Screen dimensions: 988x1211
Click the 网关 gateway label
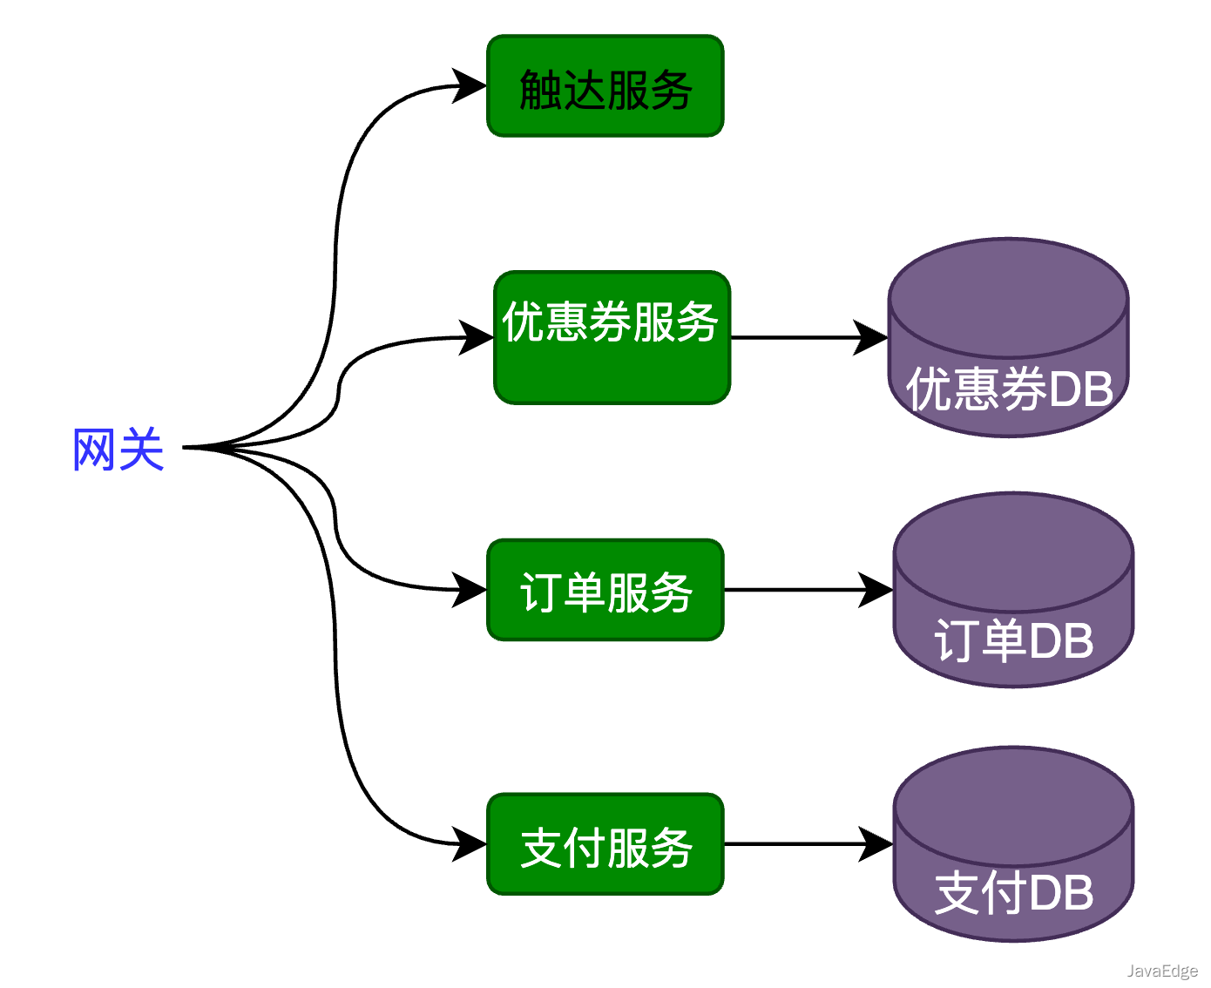point(118,450)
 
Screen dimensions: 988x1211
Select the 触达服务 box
point(605,86)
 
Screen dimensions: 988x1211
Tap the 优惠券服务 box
point(612,337)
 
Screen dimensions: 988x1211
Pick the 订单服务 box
point(605,590)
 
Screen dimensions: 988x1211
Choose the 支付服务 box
point(605,844)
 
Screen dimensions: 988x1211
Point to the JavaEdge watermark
point(1161,971)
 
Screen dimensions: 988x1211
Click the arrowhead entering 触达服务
point(470,86)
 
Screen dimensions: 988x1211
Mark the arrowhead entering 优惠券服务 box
point(477,337)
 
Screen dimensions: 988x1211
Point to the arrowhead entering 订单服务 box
point(470,590)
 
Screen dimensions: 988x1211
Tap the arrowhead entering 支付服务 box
point(470,844)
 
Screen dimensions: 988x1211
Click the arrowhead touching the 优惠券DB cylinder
point(871,337)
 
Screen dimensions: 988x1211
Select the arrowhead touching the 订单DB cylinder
point(876,590)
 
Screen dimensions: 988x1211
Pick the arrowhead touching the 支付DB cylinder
point(876,844)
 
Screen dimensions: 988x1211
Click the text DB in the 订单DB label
point(1061,641)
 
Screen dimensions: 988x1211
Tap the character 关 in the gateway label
point(142,450)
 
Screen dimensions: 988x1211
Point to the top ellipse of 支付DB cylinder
point(1013,807)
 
